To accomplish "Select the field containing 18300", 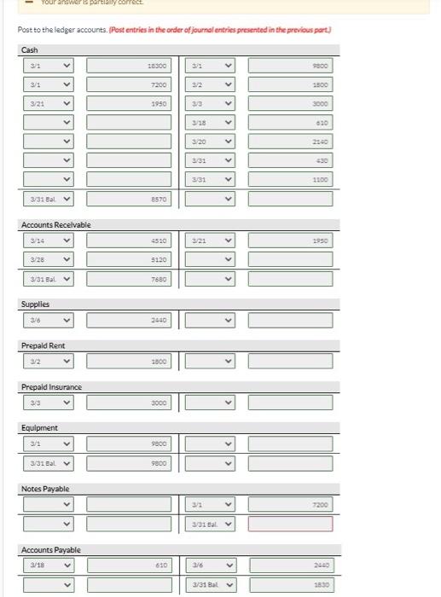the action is (129, 65).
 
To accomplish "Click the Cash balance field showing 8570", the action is (129, 199).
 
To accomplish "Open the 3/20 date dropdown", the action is (209, 142).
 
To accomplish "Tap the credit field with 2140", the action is (290, 142).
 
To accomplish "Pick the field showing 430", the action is (290, 160).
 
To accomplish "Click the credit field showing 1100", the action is (290, 179).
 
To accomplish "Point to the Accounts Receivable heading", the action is (55, 224).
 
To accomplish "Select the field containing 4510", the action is (129, 241).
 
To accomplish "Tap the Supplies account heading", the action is (35, 304).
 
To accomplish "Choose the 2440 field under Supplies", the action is (129, 320).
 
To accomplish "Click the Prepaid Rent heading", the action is (43, 345).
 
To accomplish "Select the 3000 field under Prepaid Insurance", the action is (129, 403).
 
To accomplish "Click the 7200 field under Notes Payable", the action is (290, 505).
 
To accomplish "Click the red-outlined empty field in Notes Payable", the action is (290, 524).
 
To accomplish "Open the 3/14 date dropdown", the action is (48, 241).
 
